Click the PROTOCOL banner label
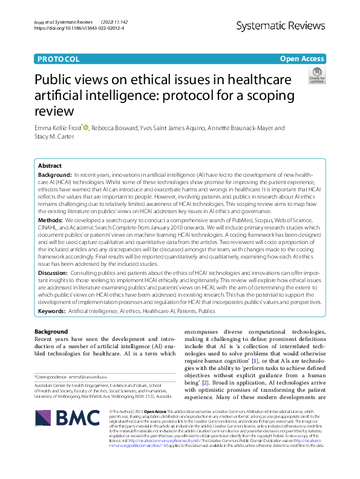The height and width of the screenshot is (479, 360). click(58, 59)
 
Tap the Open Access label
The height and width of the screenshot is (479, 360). click(302, 59)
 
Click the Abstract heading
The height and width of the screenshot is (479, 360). click(50, 165)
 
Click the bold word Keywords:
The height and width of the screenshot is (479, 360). click(51, 310)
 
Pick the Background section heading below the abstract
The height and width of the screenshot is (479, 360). click(51, 332)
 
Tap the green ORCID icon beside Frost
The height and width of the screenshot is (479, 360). click(86, 128)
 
